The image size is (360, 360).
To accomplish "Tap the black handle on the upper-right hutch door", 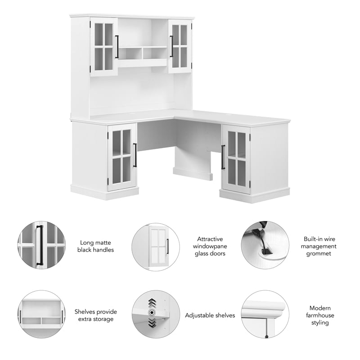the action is [x=171, y=46].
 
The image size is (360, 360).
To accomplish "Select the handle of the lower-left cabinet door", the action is [x=135, y=155].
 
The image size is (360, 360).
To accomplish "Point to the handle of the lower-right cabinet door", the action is [x=223, y=157].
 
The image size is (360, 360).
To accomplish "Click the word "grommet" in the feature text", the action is [x=319, y=254].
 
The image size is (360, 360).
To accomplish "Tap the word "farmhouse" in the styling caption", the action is [x=320, y=315].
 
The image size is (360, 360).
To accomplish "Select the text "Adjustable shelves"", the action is [x=210, y=315].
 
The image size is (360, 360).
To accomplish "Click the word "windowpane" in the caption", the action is [x=210, y=246].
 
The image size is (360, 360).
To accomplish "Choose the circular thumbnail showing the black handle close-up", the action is [x=41, y=245].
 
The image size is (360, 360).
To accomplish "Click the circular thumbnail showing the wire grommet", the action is [x=265, y=245].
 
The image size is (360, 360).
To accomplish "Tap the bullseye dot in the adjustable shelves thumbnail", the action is [x=152, y=312].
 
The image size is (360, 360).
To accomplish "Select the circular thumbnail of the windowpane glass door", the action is [x=156, y=247].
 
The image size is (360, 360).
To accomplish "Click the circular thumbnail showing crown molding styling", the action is [x=265, y=314].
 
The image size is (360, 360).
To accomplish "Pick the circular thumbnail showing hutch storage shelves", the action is [x=41, y=314].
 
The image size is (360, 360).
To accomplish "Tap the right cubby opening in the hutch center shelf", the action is [x=155, y=53].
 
